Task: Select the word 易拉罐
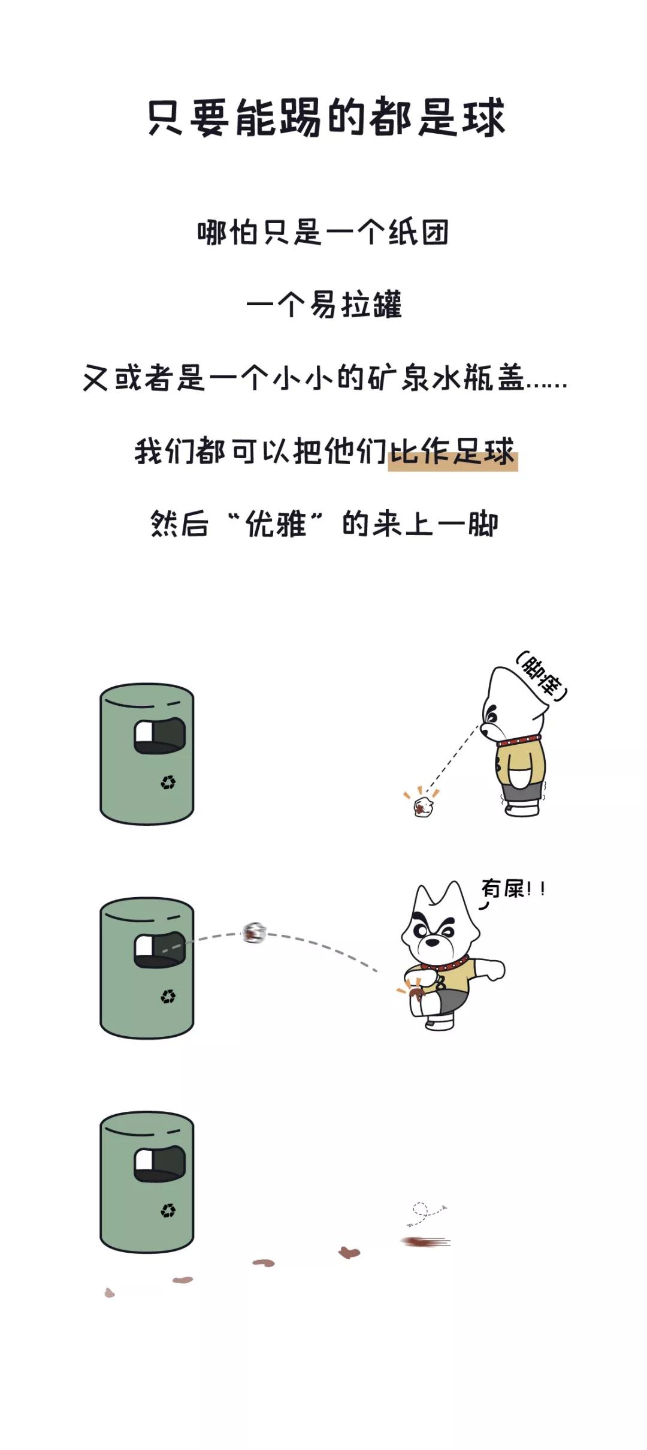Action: (x=355, y=305)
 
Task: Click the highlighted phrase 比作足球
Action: (x=452, y=452)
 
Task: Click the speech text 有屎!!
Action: (x=513, y=889)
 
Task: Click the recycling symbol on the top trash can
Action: (x=168, y=783)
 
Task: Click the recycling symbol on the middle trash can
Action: (x=168, y=997)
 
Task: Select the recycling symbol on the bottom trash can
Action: (x=168, y=1211)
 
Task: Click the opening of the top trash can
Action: (x=159, y=736)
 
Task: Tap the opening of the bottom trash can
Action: (x=159, y=1165)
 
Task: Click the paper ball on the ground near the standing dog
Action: (x=423, y=807)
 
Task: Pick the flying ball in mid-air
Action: (x=254, y=933)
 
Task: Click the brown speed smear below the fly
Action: (x=424, y=1242)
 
